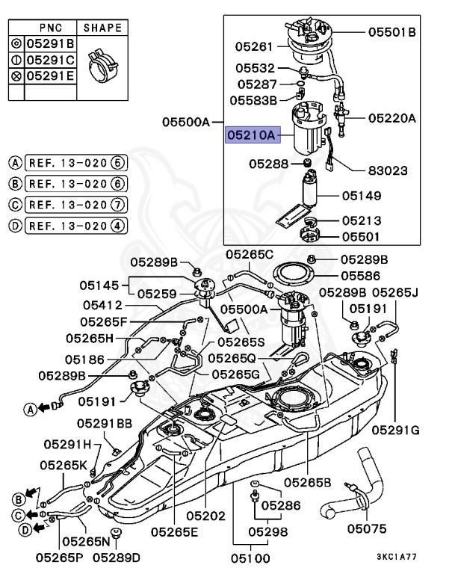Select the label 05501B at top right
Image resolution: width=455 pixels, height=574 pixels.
(x=391, y=32)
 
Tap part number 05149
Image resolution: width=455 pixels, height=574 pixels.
(x=362, y=196)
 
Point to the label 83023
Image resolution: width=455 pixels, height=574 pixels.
(x=388, y=170)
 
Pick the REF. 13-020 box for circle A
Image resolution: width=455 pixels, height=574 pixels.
(x=67, y=162)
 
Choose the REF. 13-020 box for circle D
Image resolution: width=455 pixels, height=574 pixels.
(x=67, y=225)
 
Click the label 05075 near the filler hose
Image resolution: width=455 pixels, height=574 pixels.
(x=367, y=530)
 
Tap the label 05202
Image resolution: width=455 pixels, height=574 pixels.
(x=205, y=516)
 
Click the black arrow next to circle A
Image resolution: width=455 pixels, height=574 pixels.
(x=44, y=408)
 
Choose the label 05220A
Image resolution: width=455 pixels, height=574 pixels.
(x=391, y=117)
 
